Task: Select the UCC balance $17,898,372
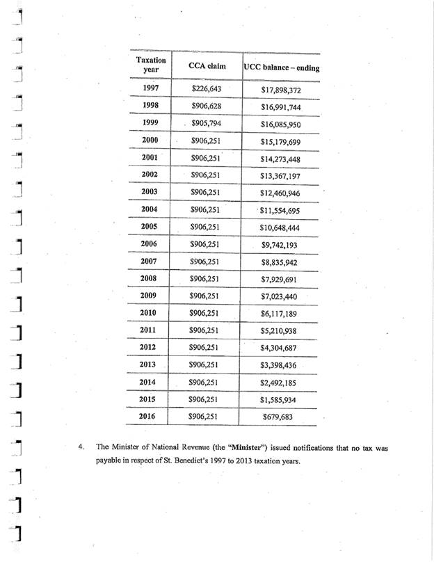(280, 90)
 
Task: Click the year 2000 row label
(150, 140)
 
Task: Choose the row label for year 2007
(150, 261)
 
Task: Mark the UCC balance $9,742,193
(280, 245)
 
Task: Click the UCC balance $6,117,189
(280, 314)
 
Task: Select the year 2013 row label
(150, 364)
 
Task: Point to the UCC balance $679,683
(280, 417)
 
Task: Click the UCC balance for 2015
(280, 400)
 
